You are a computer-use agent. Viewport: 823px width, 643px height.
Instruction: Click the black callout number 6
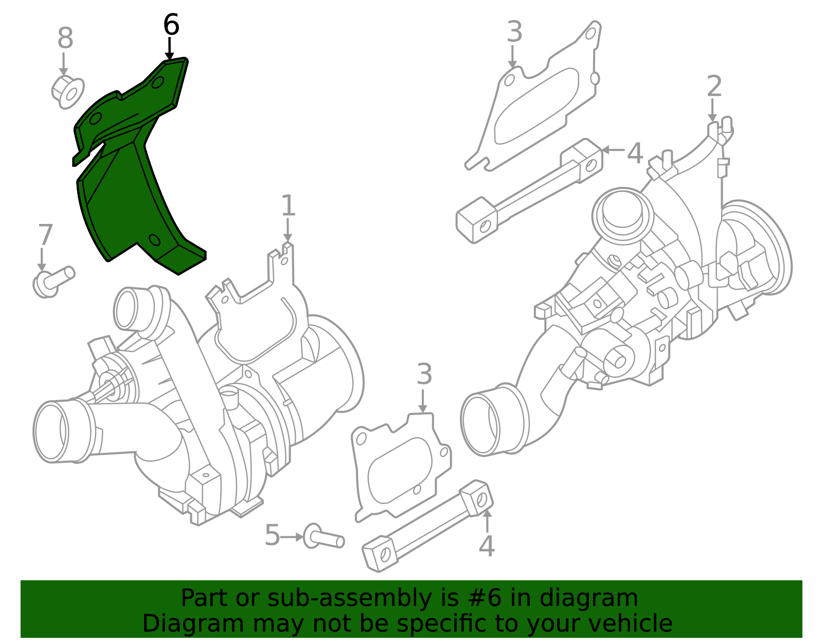click(171, 25)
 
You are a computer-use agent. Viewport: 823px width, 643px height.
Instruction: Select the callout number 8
click(65, 38)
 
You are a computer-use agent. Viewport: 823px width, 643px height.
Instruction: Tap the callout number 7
click(45, 235)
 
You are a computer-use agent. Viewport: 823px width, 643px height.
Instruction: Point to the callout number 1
click(288, 205)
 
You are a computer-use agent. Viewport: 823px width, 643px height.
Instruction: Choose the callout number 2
click(714, 86)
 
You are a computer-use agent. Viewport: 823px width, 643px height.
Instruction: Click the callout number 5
click(272, 535)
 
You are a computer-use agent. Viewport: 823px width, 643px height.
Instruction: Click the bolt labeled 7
click(53, 282)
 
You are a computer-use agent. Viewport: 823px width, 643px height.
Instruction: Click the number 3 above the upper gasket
click(515, 32)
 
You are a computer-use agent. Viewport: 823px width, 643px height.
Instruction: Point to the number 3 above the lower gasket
click(424, 374)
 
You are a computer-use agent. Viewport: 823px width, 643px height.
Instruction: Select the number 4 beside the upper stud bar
click(635, 153)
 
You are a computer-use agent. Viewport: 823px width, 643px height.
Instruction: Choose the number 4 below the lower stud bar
click(487, 546)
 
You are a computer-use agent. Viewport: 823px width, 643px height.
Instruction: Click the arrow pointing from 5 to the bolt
click(292, 537)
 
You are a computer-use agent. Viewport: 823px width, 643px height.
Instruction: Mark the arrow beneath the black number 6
click(169, 49)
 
